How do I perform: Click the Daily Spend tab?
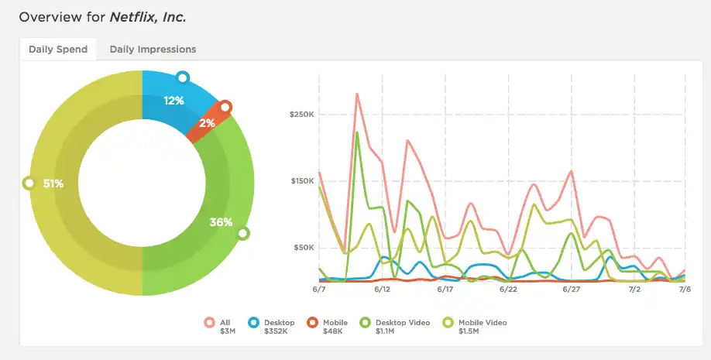(x=58, y=50)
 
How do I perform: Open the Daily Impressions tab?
(x=153, y=50)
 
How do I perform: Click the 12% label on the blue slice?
(x=173, y=101)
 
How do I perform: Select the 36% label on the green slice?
(x=221, y=222)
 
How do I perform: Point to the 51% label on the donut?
(x=53, y=184)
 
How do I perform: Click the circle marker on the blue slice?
(x=183, y=77)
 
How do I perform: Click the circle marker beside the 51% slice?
(x=29, y=183)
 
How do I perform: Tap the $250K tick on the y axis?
(x=301, y=115)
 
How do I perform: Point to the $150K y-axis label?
(x=301, y=181)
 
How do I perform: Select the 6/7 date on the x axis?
(x=318, y=289)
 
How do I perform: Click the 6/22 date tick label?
(x=508, y=289)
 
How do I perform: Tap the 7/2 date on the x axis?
(x=634, y=289)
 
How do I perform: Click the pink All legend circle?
(x=209, y=324)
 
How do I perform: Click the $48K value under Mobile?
(x=334, y=331)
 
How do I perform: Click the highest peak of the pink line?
(x=356, y=94)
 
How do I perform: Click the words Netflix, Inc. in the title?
(x=148, y=16)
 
